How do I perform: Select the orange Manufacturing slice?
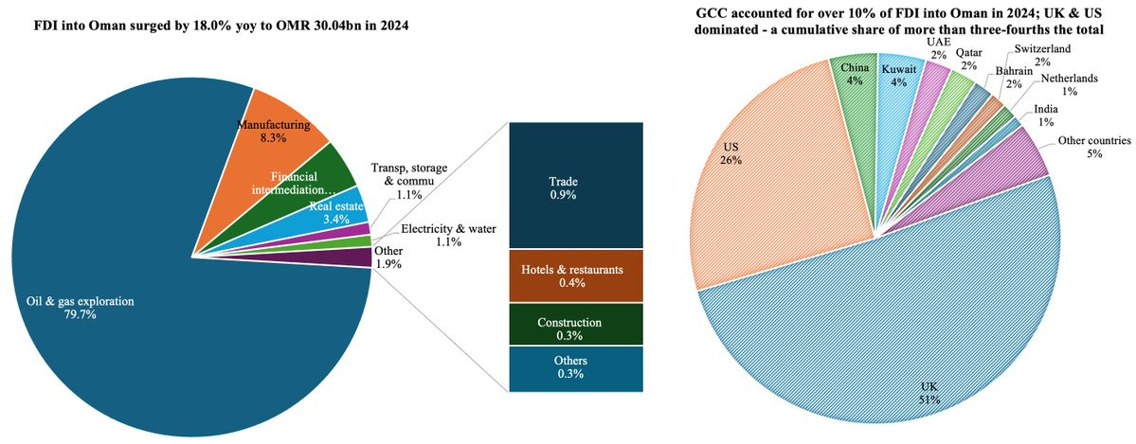point(275,151)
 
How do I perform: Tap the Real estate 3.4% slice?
point(332,210)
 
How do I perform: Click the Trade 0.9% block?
point(576,186)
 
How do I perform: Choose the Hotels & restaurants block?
point(576,275)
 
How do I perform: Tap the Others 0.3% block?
point(576,367)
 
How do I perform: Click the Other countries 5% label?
point(1093,148)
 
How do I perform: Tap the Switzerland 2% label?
point(1042,55)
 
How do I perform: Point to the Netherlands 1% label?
point(1068,85)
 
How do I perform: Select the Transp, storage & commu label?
point(409,181)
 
